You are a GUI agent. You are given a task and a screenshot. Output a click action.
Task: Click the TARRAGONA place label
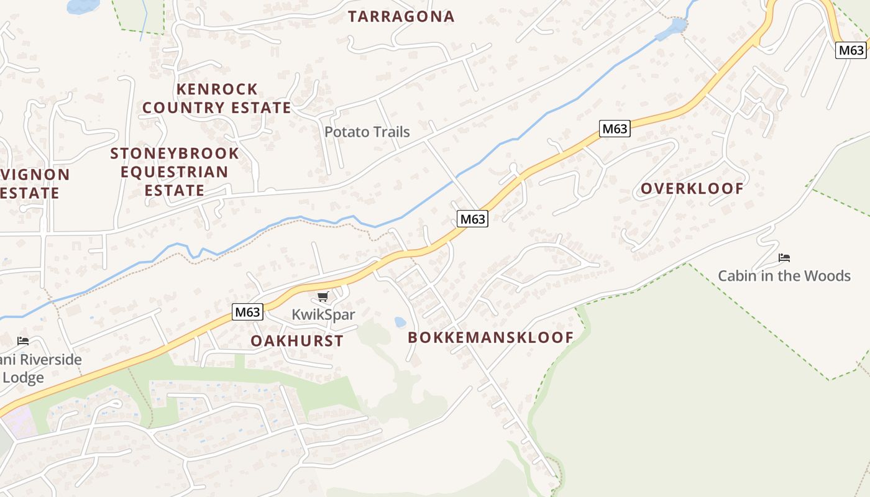pos(401,17)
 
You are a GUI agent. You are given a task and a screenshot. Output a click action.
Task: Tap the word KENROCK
pos(217,89)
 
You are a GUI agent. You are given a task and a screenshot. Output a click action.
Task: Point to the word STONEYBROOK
pos(175,153)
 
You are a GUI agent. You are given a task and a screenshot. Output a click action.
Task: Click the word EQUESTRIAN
pos(175,172)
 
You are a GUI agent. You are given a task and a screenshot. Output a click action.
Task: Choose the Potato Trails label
pos(367,132)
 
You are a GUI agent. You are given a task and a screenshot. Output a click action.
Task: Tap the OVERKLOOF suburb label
pos(692,189)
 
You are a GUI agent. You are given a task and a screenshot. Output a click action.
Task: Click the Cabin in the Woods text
pos(784,276)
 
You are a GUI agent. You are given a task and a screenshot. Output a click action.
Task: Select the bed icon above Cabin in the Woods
pos(784,257)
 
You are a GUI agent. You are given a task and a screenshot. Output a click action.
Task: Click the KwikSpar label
pos(323,315)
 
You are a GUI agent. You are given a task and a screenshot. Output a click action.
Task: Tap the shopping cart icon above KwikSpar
pos(323,297)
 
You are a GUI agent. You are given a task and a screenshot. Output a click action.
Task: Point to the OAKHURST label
pos(297,341)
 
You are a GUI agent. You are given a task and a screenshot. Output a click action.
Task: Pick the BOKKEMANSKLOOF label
pos(490,338)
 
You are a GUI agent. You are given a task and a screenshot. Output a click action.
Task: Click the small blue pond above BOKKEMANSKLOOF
pos(400,322)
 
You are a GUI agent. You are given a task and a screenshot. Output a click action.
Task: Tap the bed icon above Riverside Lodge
pos(23,341)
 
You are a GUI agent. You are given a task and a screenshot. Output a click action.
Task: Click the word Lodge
pos(23,378)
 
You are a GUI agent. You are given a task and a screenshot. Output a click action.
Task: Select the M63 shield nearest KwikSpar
pos(247,312)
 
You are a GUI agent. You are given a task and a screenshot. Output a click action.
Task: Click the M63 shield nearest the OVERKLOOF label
pos(615,129)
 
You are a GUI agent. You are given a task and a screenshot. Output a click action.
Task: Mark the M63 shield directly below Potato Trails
pos(472,219)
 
